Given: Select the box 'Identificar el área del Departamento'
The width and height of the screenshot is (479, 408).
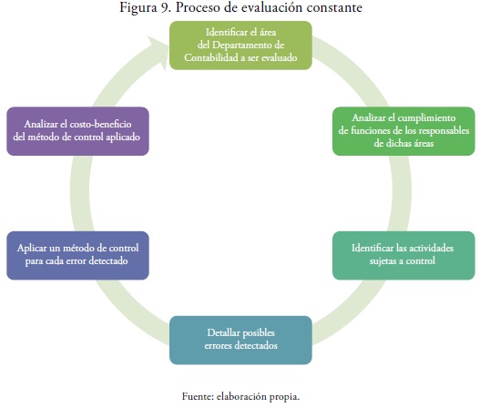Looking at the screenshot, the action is point(240,46).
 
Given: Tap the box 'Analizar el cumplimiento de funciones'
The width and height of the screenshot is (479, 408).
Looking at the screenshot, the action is point(403,131).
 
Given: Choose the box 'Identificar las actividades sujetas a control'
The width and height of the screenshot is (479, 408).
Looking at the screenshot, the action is point(403,256).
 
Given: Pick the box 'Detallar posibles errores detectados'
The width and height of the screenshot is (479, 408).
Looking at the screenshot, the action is point(240,341).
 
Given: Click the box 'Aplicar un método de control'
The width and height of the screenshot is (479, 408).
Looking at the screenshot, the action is point(78,256).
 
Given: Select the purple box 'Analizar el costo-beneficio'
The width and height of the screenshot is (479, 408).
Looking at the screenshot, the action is point(78,131).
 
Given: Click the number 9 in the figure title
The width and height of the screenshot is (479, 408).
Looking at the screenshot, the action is point(165,7).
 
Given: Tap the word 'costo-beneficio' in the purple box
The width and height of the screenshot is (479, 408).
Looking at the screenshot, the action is point(100,124).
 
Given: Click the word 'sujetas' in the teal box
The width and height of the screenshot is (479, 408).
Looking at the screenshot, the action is point(383,261).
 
